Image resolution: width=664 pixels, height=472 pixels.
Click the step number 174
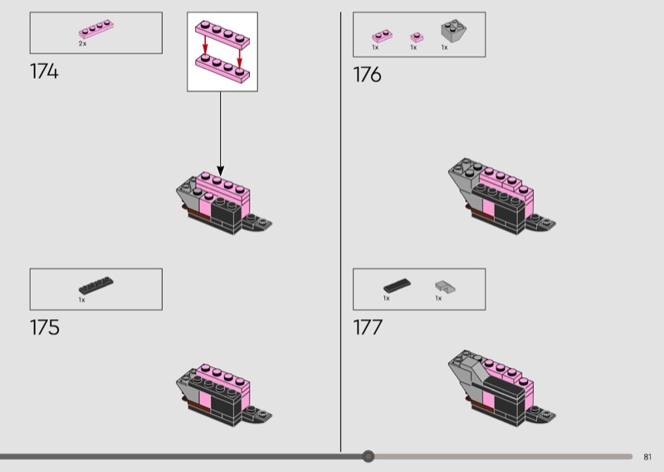44,71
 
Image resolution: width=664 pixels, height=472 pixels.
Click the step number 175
45,327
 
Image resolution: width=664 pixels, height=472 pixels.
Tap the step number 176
367,75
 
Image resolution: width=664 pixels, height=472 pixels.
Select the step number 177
368,327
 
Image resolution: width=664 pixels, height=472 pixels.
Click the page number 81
647,457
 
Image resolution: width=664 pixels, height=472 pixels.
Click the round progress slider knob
369,456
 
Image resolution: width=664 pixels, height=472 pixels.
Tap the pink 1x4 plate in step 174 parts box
96,29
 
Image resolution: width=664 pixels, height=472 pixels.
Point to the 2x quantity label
82,44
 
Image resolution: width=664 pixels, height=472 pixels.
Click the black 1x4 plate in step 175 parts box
96,285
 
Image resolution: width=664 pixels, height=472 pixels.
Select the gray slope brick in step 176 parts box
453,31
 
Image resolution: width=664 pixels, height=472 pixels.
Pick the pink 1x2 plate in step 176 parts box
382,36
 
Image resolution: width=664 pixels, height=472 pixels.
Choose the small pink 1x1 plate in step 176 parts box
417,37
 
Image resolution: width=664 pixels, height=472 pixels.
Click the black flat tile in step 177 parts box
398,285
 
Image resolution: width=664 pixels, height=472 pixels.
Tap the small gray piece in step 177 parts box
446,287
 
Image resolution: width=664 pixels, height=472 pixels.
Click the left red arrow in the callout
205,46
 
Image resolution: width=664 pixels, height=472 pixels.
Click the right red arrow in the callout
239,57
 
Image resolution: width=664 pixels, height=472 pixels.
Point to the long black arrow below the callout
220,134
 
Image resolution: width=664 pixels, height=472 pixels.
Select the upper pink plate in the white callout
222,34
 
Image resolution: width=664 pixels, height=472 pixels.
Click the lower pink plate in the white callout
222,69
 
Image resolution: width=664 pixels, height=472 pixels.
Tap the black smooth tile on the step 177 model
504,385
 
